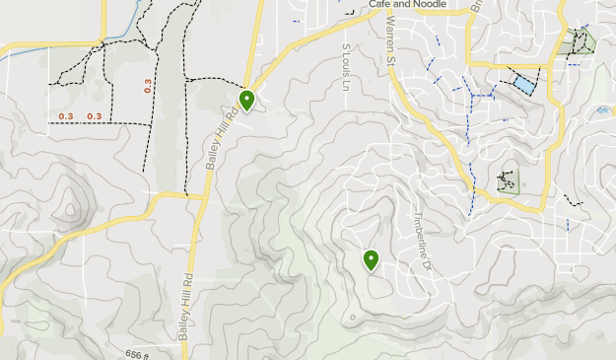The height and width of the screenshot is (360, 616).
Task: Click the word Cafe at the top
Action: (x=380, y=4)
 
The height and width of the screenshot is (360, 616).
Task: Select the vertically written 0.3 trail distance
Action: (x=148, y=85)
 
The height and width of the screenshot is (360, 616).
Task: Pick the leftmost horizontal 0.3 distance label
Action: (x=66, y=116)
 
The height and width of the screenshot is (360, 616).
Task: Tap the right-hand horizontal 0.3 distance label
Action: (x=95, y=116)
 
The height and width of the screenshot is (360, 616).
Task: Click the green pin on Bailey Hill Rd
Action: (x=246, y=99)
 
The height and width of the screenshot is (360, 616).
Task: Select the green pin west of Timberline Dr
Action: (x=372, y=259)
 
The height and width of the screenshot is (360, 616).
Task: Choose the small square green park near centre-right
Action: (x=508, y=180)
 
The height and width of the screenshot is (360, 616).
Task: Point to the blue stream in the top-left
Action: (x=59, y=49)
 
